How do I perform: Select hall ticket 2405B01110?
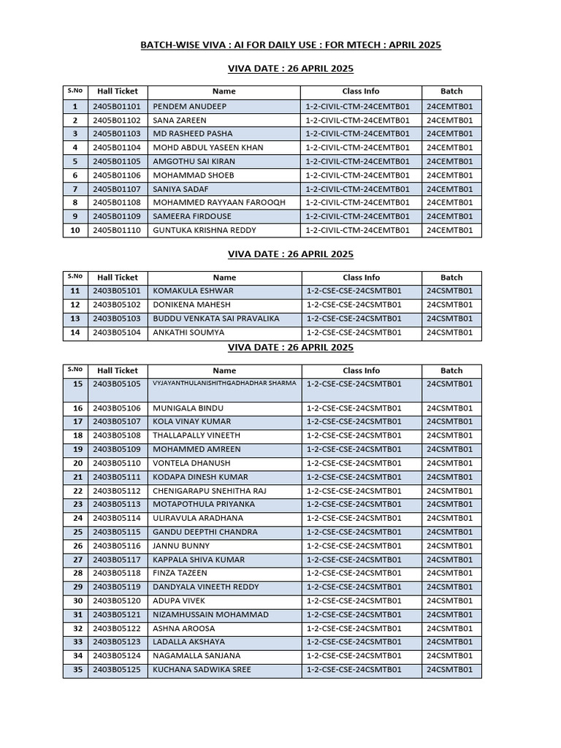(117, 230)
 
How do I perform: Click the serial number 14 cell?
(75, 332)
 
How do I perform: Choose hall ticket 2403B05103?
(117, 318)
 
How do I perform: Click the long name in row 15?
(224, 383)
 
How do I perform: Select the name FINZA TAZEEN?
(180, 573)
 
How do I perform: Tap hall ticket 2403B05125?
(117, 670)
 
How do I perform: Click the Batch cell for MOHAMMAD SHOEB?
(449, 175)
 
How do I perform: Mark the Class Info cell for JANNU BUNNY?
(354, 546)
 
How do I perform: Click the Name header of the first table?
(224, 91)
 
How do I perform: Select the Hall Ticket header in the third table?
(117, 370)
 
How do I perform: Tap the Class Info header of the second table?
(361, 278)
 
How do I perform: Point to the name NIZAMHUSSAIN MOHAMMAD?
(210, 615)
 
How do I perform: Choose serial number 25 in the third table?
(75, 532)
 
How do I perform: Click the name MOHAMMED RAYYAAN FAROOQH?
(218, 202)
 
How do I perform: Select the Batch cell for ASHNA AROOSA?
(449, 629)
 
